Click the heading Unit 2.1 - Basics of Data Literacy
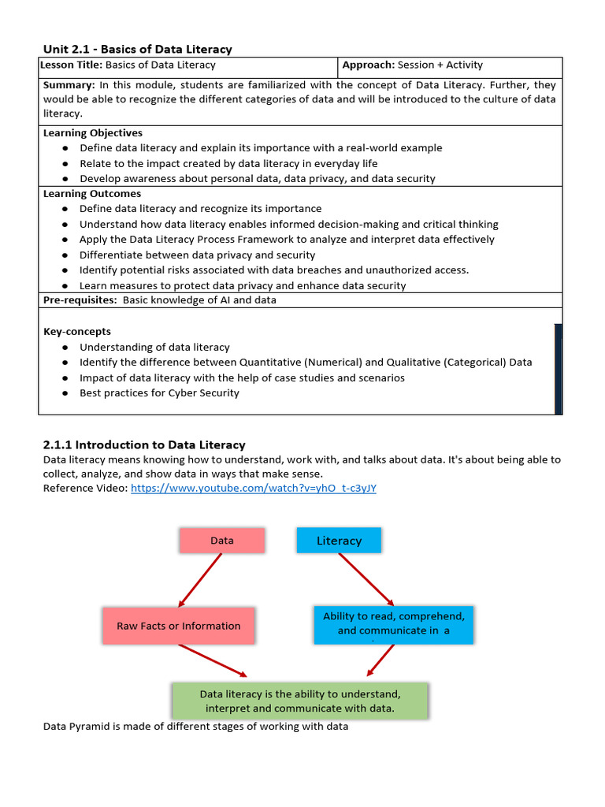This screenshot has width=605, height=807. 137,49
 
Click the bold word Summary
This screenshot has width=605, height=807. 69,85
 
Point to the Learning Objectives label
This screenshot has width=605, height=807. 93,133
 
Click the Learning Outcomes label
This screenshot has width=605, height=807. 92,194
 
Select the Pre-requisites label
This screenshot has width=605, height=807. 80,300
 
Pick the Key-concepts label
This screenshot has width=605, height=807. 77,332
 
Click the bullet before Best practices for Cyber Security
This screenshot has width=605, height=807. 65,393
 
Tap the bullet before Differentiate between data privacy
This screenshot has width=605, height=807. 65,255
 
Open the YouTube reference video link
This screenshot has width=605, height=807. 253,489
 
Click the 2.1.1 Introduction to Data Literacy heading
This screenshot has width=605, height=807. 144,445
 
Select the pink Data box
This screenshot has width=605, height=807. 222,541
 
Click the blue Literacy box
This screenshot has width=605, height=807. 339,541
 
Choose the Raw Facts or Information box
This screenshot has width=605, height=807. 179,626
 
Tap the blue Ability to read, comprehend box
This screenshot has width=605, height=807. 393,623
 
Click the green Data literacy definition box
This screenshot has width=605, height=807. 299,701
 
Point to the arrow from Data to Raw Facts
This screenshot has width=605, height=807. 201,580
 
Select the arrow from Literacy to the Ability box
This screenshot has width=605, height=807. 366,578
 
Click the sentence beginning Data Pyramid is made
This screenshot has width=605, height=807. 195,727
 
